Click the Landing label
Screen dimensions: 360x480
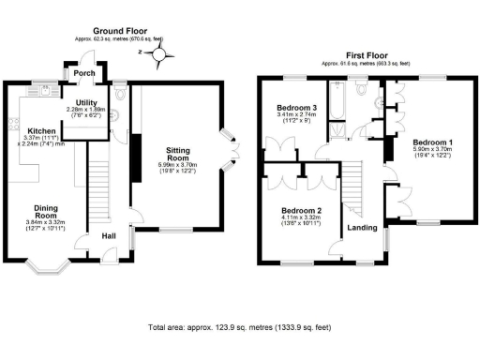(363, 227)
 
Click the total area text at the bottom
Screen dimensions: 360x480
(239, 328)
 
